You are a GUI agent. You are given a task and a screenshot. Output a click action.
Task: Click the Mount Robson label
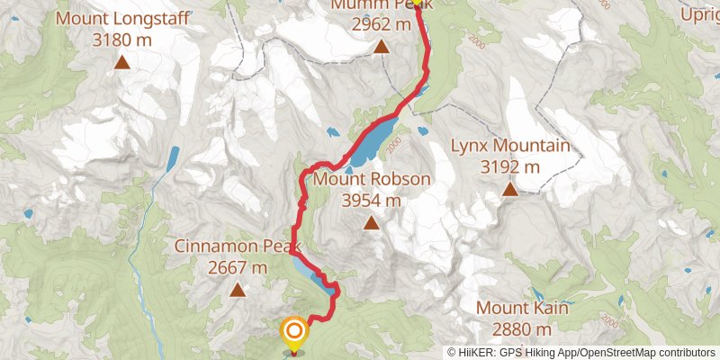pyautogui.click(x=372, y=179)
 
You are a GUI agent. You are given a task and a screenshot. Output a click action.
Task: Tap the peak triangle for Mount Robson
pyautogui.click(x=372, y=222)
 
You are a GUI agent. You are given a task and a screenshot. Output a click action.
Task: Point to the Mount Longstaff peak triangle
pyautogui.click(x=122, y=62)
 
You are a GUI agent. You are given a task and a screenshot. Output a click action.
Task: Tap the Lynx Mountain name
pyautogui.click(x=509, y=146)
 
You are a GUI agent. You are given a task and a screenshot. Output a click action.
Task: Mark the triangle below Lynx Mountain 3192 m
pyautogui.click(x=509, y=189)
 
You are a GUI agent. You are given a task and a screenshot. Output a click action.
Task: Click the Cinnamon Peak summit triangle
pyautogui.click(x=238, y=290)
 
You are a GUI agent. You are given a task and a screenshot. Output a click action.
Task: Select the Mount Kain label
pyautogui.click(x=522, y=308)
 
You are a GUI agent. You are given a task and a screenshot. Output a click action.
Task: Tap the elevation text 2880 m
pyautogui.click(x=522, y=329)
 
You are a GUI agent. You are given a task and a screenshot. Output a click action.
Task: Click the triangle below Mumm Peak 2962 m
pyautogui.click(x=382, y=46)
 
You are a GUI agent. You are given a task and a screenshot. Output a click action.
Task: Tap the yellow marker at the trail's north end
pyautogui.click(x=417, y=3)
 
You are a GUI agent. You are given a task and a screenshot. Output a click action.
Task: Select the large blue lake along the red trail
pyautogui.click(x=374, y=142)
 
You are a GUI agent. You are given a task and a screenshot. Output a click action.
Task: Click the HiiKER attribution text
pyautogui.click(x=580, y=353)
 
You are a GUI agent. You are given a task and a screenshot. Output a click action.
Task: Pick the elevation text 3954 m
pyautogui.click(x=372, y=200)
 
